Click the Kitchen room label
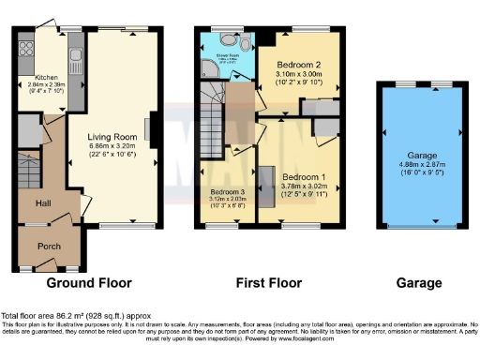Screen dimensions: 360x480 tap(47, 78)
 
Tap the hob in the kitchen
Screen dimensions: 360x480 tap(26, 50)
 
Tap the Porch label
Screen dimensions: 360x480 tap(50, 247)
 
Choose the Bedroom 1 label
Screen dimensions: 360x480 tap(304, 176)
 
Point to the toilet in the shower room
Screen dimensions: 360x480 tap(243, 44)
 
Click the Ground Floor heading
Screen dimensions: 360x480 tap(89, 282)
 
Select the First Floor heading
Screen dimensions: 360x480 tap(267, 282)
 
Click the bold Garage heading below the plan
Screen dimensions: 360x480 tap(418, 282)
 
